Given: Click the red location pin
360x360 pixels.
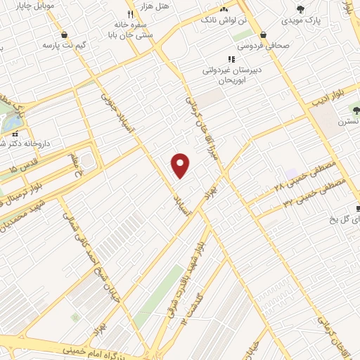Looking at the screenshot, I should click(181, 165).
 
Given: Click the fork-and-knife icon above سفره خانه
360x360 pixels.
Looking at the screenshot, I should click(130, 14).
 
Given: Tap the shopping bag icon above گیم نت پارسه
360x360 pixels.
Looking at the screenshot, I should click(65, 34).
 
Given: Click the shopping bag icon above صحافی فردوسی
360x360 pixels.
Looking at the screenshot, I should click(263, 34).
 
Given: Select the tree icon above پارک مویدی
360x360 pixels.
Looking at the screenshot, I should click(301, 9).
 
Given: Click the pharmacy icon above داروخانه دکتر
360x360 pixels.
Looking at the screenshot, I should click(14, 133).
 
